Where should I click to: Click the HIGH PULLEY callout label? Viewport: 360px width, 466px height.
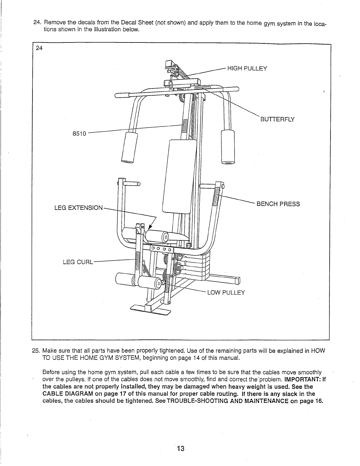247,69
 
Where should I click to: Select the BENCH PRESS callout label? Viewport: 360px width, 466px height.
278,204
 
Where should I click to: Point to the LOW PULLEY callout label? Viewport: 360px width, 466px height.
226,293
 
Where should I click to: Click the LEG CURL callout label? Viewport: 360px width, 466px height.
78,262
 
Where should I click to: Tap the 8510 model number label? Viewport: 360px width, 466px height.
79,134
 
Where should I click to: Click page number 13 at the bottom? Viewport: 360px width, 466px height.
180,449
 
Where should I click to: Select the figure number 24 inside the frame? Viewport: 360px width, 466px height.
39,49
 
